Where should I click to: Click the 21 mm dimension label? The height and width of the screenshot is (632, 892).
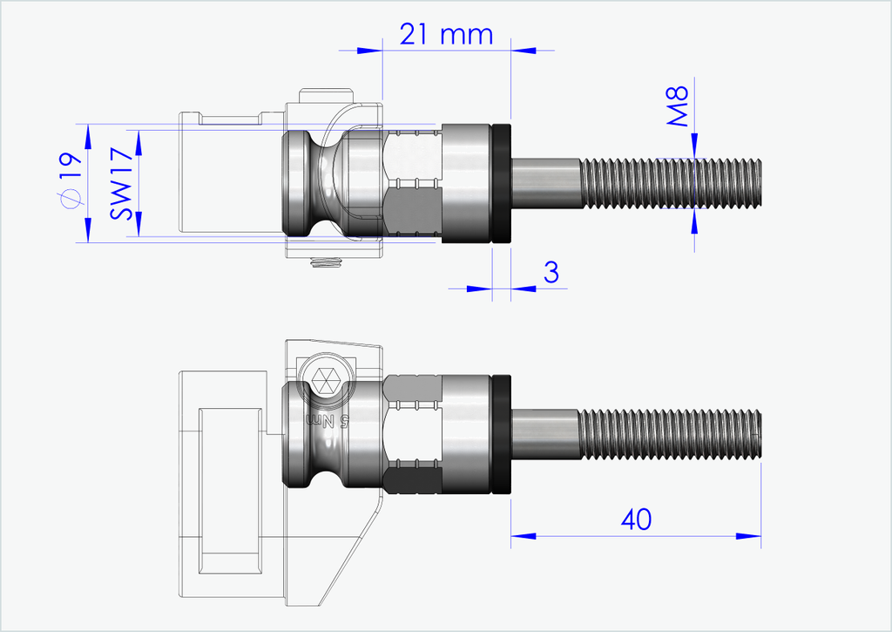[x=446, y=34]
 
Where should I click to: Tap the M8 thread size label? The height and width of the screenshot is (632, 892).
[x=678, y=105]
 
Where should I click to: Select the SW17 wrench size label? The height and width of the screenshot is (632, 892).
[x=122, y=183]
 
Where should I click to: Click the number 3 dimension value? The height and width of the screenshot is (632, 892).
[x=551, y=272]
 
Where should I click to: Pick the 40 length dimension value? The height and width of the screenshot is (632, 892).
[x=636, y=520]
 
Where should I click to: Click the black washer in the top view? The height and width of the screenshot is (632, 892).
[x=501, y=183]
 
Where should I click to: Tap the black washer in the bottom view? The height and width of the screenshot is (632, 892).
[x=501, y=435]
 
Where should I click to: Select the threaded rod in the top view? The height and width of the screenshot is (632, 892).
[x=670, y=183]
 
